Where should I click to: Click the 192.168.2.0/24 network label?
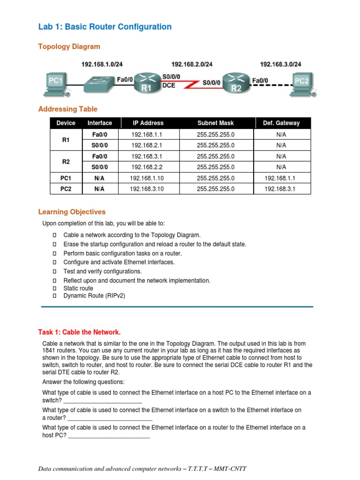[192, 64]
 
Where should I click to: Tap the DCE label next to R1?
[169, 86]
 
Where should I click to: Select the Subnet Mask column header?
[216, 123]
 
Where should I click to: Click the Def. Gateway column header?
[281, 123]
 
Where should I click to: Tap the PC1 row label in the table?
[66, 178]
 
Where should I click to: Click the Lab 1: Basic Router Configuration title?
[105, 27]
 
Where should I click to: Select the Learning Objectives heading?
[72, 212]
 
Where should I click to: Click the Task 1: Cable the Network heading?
[79, 332]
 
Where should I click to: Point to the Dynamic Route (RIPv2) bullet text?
[94, 296]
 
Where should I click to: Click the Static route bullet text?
[78, 288]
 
